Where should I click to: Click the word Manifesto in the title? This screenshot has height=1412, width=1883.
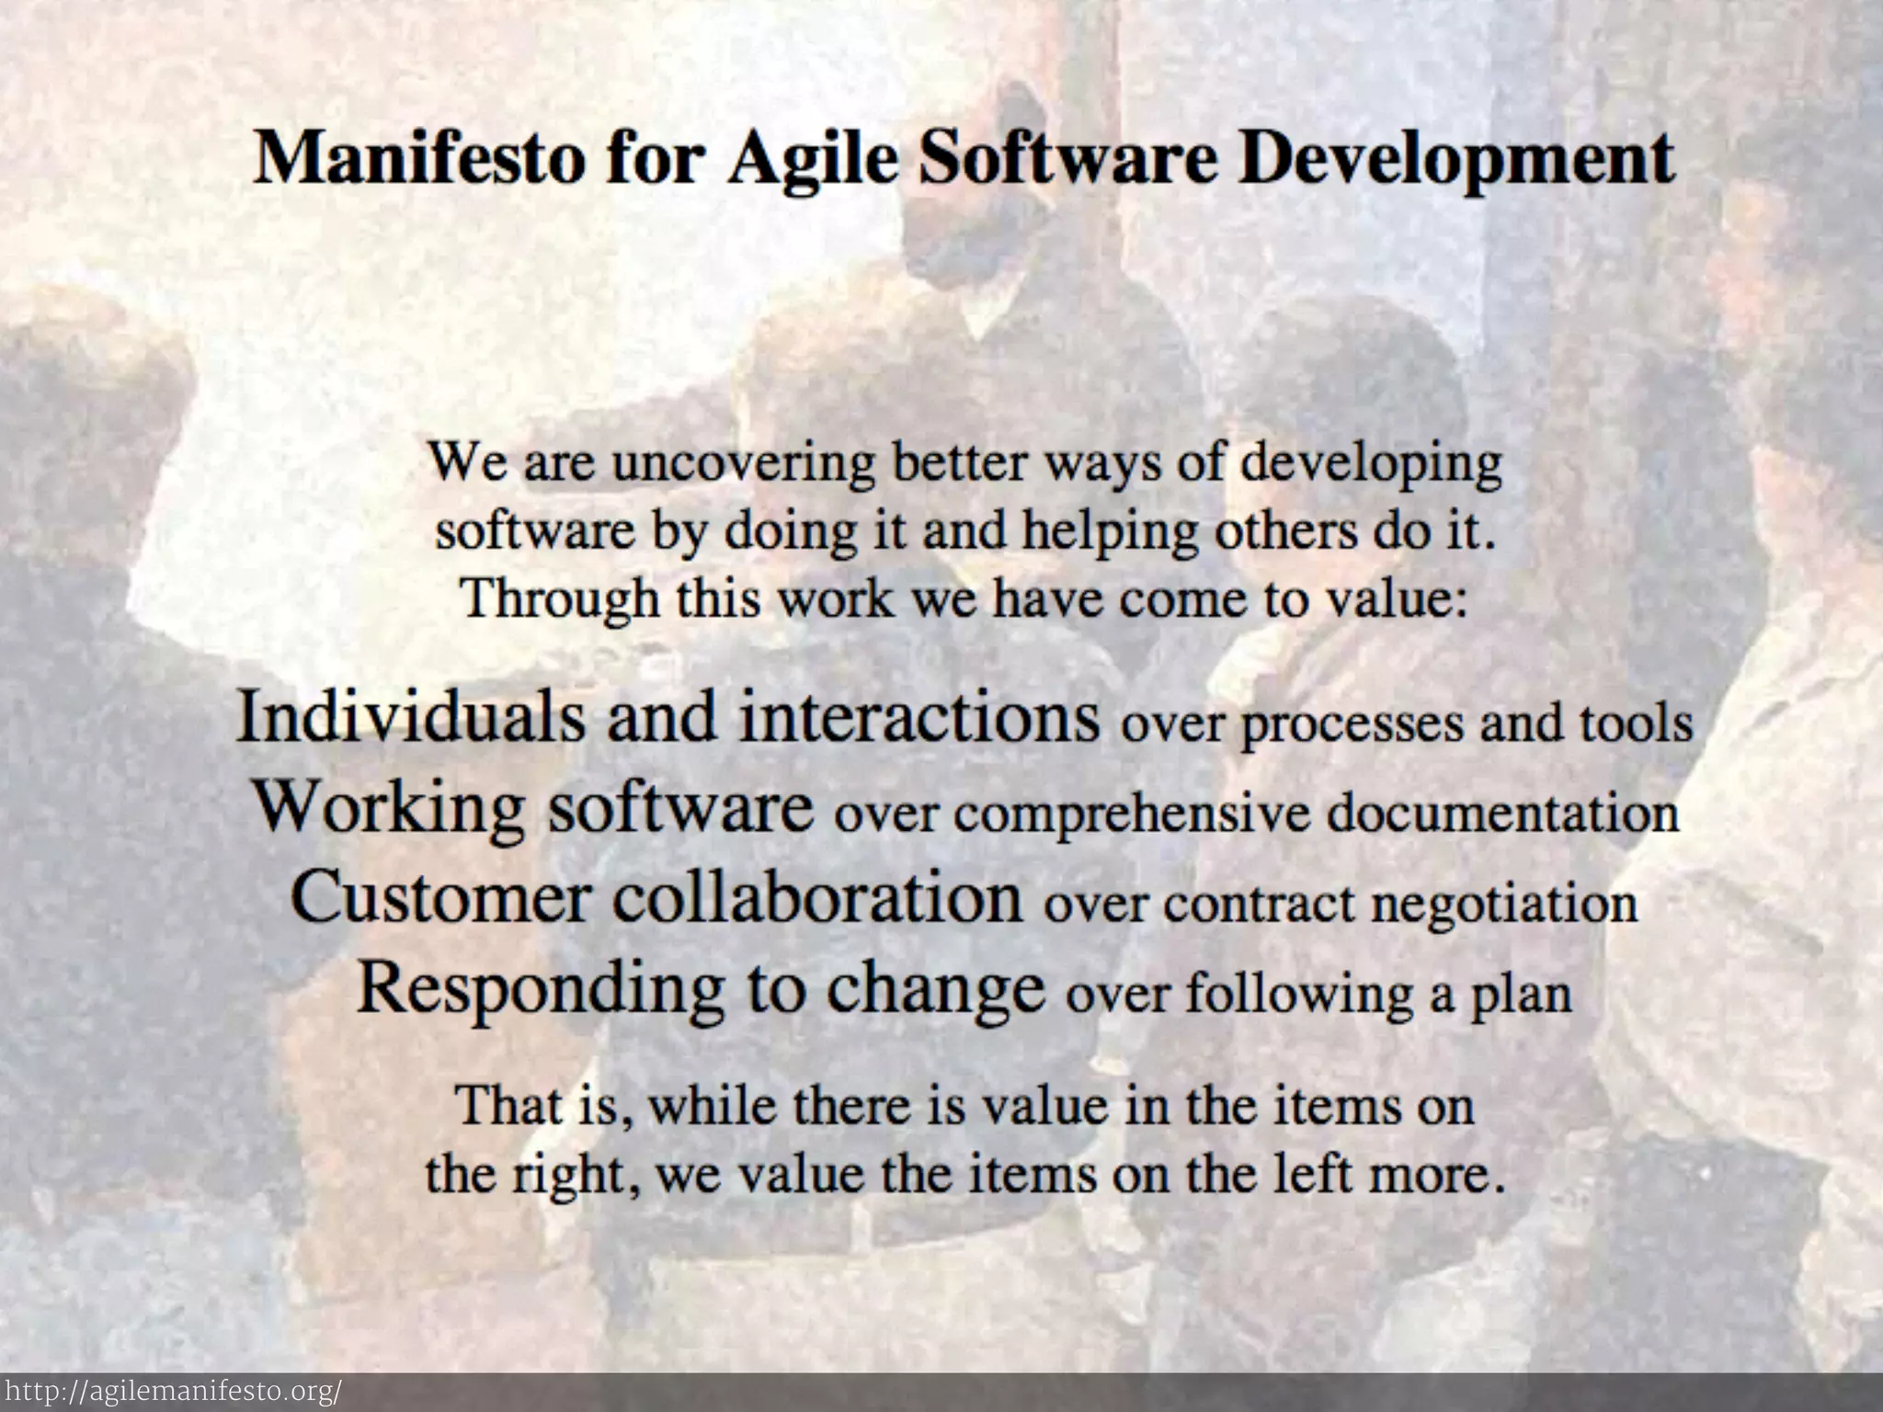[418, 159]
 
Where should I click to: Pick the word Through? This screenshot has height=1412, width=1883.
[560, 599]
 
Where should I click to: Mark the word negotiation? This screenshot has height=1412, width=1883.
[1504, 904]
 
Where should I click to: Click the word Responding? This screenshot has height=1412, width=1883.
[540, 989]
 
